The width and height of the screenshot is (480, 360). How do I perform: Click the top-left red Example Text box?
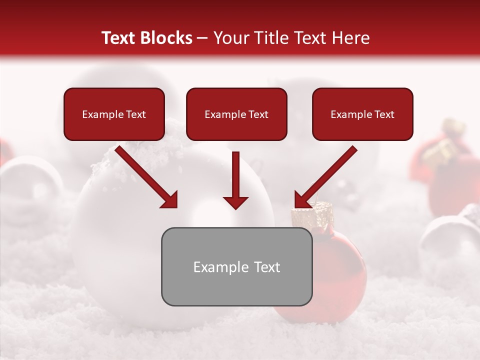click(114, 114)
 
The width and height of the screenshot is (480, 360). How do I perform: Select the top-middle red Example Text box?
click(236, 114)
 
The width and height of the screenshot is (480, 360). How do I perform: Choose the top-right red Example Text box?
click(362, 114)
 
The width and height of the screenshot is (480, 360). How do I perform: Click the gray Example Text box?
click(236, 267)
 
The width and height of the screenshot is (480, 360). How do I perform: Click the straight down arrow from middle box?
click(235, 180)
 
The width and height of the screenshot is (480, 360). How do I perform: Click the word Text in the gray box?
click(267, 267)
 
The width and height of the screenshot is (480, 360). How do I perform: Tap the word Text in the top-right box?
click(384, 114)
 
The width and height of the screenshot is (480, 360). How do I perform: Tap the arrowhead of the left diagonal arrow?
click(170, 200)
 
